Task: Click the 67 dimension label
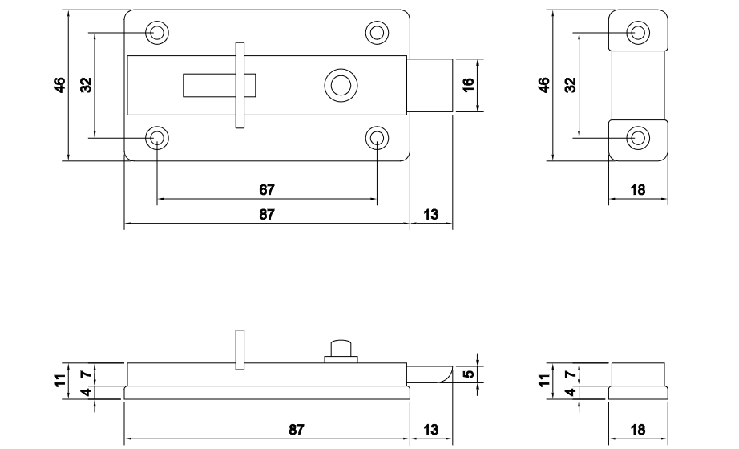click(x=267, y=190)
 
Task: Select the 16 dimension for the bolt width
click(x=470, y=83)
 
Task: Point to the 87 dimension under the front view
click(x=267, y=216)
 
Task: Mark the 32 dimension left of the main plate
click(x=86, y=84)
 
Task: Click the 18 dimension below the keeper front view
click(x=638, y=190)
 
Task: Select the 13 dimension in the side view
click(x=430, y=430)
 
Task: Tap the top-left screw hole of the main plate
click(x=158, y=32)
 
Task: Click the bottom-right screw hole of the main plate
click(x=377, y=137)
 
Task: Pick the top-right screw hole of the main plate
click(x=377, y=32)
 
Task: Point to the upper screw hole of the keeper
click(x=638, y=32)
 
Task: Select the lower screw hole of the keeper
click(x=638, y=137)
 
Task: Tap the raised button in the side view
click(x=341, y=350)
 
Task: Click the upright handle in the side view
click(x=238, y=350)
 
